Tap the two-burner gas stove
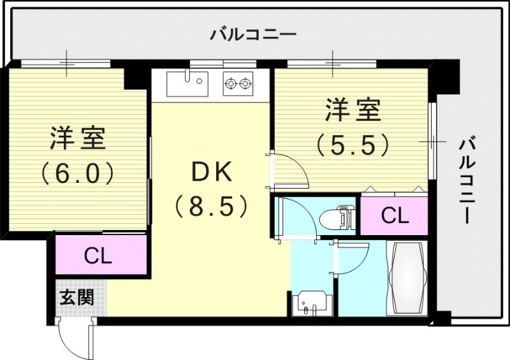pyautogui.click(x=238, y=83)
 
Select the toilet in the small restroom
pyautogui.click(x=342, y=217)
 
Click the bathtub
pyautogui.click(x=409, y=278)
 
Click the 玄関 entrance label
pyautogui.click(x=76, y=297)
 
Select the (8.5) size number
pyautogui.click(x=211, y=205)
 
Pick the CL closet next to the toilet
pyautogui.click(x=395, y=216)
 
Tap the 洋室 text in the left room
pyautogui.click(x=78, y=138)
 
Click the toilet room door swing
pyautogui.click(x=298, y=217)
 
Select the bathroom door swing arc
pyautogui.click(x=352, y=255)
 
